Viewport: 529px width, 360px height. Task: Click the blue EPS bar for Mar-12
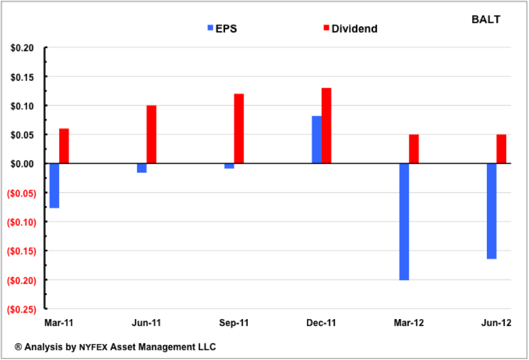click(x=404, y=222)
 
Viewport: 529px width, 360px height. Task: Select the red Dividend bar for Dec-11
click(x=326, y=126)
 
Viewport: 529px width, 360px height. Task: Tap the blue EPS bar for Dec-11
click(x=316, y=140)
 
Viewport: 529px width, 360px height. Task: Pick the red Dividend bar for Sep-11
click(x=238, y=129)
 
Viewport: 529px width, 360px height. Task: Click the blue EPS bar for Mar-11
click(x=54, y=186)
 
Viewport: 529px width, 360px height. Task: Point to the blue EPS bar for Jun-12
click(x=492, y=211)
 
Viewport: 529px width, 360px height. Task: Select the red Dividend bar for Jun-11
click(x=151, y=135)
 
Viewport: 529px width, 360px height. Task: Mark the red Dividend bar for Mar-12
click(x=414, y=149)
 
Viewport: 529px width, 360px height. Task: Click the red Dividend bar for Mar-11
click(x=64, y=146)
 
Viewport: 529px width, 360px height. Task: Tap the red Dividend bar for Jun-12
click(x=501, y=149)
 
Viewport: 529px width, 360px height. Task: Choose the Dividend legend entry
click(x=349, y=28)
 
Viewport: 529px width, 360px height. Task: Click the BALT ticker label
click(x=486, y=19)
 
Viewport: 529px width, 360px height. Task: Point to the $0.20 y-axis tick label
click(x=23, y=48)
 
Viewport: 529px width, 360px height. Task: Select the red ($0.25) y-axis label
click(x=21, y=308)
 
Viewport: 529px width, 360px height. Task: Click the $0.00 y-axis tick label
click(x=23, y=164)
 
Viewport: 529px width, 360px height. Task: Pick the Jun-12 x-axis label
click(x=497, y=323)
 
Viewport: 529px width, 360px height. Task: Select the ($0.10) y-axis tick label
click(x=21, y=222)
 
